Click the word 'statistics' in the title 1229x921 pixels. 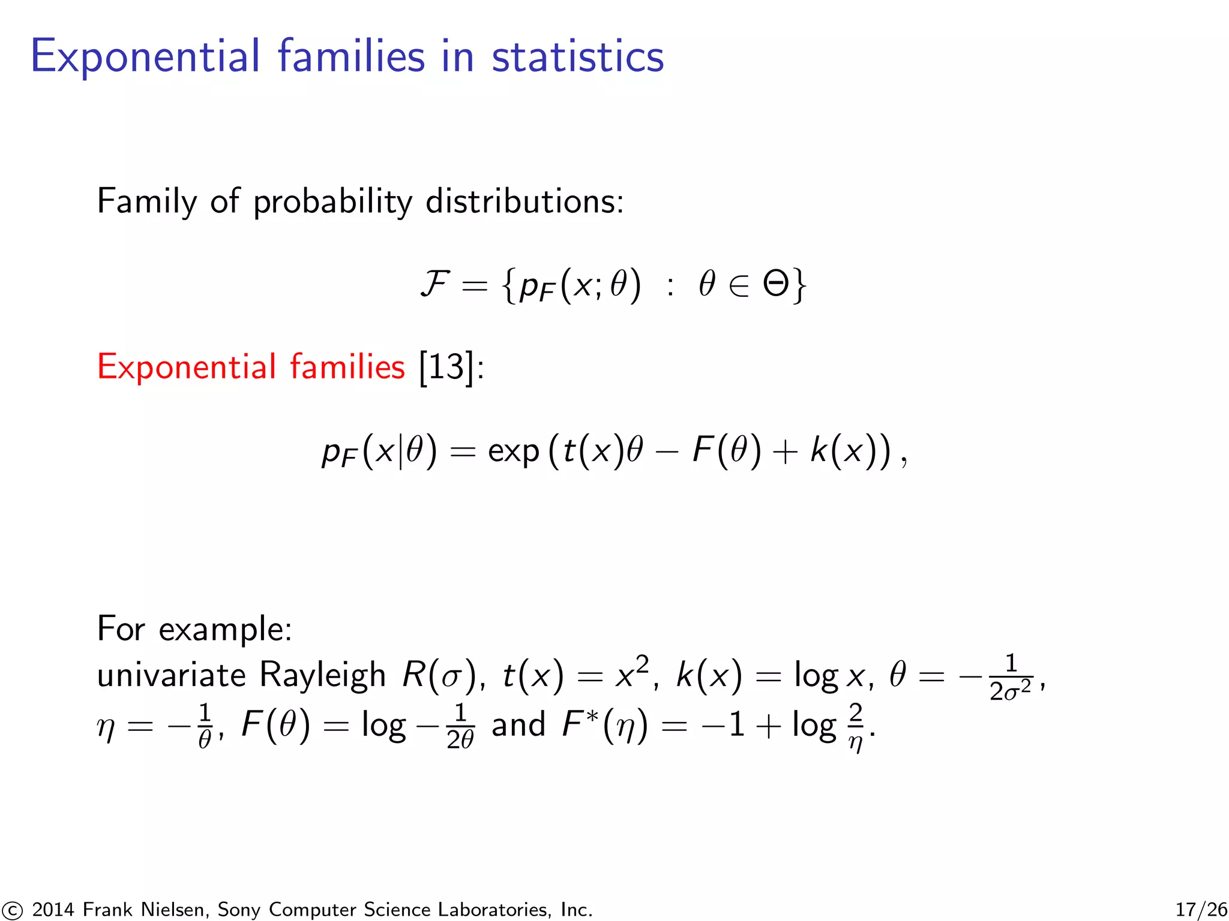[577, 56]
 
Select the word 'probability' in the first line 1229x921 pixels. [332, 202]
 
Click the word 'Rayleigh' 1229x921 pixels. [322, 675]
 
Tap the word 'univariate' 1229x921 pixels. [172, 675]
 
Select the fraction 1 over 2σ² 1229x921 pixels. [1011, 678]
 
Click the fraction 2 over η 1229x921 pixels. [856, 727]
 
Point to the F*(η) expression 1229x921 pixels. [605, 725]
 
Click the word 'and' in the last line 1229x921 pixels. [518, 725]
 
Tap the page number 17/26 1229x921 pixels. [1201, 910]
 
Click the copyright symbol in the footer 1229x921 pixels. [11, 910]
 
